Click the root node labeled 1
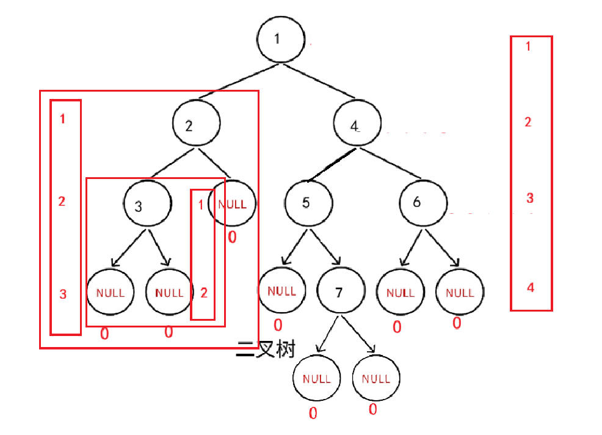point(280,38)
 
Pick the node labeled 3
point(147,205)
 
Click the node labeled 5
point(308,203)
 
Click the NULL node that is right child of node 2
point(231,204)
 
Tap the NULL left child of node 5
point(281,291)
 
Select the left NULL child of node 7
point(316,379)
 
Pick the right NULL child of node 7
point(376,379)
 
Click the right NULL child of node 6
point(460,293)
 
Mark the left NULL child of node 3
point(110,293)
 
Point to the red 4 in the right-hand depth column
point(530,287)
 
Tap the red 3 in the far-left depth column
point(63,294)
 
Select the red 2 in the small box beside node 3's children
point(203,293)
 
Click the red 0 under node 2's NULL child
point(232,237)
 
